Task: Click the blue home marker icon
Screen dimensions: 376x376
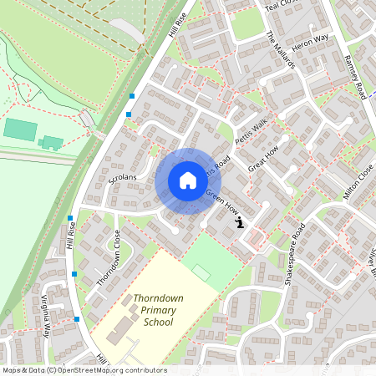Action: pos(187,180)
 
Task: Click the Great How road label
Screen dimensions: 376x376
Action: pos(262,157)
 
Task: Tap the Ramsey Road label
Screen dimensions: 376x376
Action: pos(356,78)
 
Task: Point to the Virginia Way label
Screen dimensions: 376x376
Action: pos(44,316)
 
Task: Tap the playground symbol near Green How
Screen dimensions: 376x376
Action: pos(240,223)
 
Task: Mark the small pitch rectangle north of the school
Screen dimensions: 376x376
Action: pos(201,272)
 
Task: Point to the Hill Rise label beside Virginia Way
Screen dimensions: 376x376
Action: pos(73,237)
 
